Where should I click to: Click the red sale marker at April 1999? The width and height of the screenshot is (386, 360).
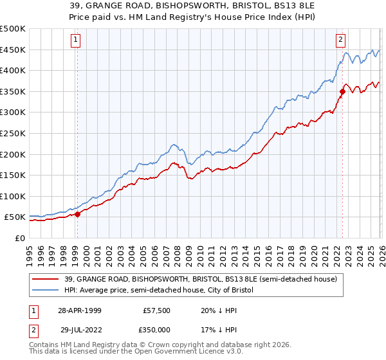pyautogui.click(x=77, y=214)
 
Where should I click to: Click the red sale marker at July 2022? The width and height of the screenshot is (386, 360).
pyautogui.click(x=342, y=91)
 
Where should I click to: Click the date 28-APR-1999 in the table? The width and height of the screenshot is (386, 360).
pyautogui.click(x=79, y=309)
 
